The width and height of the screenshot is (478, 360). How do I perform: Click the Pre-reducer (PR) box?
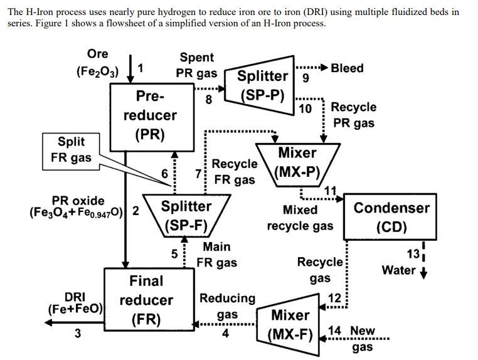[x=149, y=115]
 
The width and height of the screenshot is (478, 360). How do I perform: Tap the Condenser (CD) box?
[x=391, y=216]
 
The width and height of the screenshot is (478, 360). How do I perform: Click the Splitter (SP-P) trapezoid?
[x=262, y=85]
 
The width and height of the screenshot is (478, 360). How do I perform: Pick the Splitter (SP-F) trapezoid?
[x=186, y=215]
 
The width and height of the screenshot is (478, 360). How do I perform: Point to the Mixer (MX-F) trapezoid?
[x=290, y=324]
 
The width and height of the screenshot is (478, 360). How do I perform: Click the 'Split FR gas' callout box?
[x=71, y=150]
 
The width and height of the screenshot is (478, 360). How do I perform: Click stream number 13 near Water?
[x=413, y=254]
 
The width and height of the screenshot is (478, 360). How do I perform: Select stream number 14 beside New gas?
[x=334, y=331]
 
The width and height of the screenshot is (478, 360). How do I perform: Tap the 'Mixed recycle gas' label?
[x=300, y=218]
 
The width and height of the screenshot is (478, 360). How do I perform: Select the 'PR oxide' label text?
[x=78, y=201]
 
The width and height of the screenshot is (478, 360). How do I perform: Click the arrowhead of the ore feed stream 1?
[x=130, y=78]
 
